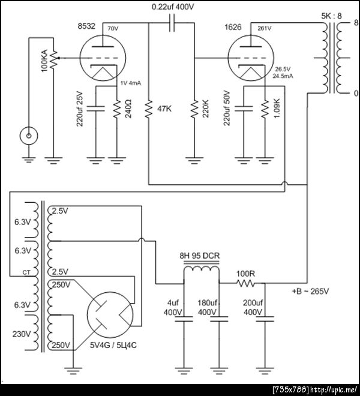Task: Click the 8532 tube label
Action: coord(86,26)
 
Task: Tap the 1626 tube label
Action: coord(233,27)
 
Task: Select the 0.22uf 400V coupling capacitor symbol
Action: coord(172,23)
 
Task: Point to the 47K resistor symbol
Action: coord(149,109)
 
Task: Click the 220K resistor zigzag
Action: coord(194,109)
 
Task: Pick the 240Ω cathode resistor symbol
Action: coord(117,109)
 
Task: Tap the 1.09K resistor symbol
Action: coord(265,109)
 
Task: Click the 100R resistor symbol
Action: coord(246,284)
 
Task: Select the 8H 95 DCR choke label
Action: coord(200,256)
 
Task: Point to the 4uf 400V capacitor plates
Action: coord(184,319)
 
